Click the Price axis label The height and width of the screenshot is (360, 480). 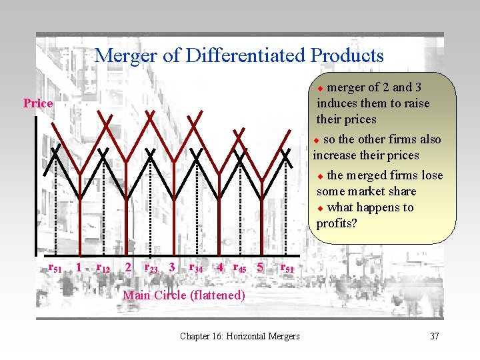[38, 103]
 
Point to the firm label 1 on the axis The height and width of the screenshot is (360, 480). [79, 267]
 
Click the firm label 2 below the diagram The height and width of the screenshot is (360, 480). [128, 267]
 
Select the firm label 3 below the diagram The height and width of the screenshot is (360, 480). [172, 267]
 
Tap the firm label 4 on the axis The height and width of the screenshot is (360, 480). [219, 267]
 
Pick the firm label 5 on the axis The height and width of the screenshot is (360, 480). [261, 267]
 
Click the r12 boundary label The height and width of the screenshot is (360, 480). [103, 268]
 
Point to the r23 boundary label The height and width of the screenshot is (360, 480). [151, 268]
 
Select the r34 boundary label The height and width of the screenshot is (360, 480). [196, 268]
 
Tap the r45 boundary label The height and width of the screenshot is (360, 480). [239, 268]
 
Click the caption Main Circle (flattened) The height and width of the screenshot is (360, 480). [185, 295]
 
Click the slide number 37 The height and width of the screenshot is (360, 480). [434, 336]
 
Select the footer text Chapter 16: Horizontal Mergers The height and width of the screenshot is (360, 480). [239, 336]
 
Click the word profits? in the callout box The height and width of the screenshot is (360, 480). [337, 223]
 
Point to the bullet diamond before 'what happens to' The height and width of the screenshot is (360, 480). [321, 208]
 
